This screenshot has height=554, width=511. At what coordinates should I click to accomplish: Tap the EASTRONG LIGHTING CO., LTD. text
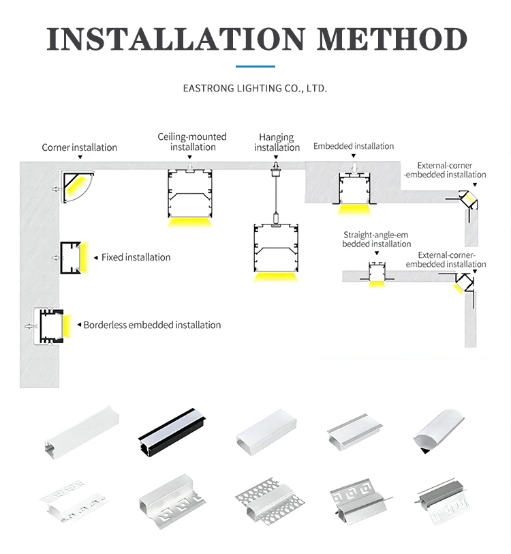pos(255,89)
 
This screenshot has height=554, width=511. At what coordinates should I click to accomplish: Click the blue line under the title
pos(255,66)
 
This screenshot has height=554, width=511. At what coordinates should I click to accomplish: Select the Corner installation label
pos(79,147)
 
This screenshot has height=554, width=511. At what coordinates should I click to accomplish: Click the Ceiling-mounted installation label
pos(192,142)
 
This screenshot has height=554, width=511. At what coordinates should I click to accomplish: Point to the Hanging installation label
pos(277,143)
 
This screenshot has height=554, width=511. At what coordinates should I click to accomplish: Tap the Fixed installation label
pos(136,257)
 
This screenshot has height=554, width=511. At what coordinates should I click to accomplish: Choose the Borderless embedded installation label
pos(152,325)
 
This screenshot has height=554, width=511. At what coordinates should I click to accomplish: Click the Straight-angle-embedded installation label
pos(377,239)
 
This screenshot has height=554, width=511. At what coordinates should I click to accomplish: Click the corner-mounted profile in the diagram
pos(78,187)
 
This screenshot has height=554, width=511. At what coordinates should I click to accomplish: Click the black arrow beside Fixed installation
pos(95,258)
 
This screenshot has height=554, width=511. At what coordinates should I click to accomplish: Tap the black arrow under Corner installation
pos(80,157)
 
